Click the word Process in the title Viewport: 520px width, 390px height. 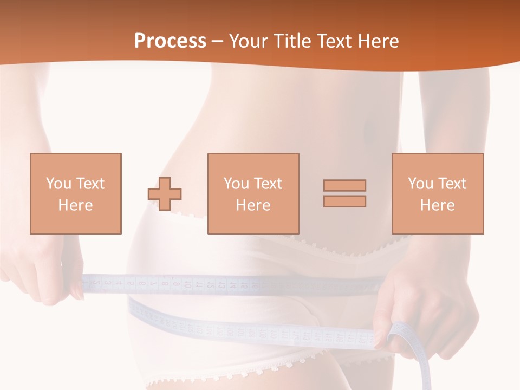tap(170, 41)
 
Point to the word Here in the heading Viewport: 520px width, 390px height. tap(377, 41)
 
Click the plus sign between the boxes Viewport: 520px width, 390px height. tap(165, 194)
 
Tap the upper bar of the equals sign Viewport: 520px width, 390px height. tap(344, 185)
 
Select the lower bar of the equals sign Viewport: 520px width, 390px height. tap(344, 201)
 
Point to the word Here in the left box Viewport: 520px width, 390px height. tap(75, 205)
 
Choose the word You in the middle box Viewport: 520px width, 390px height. tap(236, 184)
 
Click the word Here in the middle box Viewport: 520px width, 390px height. tap(253, 205)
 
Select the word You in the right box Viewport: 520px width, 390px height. tap(420, 184)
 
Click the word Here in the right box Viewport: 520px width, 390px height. tap(437, 205)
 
